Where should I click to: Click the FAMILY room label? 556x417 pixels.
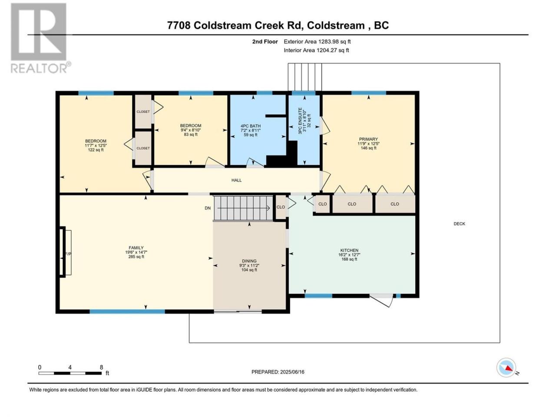click(136, 248)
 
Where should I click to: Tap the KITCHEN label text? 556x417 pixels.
click(349, 250)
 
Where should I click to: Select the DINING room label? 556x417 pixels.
click(249, 261)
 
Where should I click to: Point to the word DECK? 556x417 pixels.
click(459, 224)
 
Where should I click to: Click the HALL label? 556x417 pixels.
click(236, 180)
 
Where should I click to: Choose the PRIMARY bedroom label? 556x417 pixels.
click(368, 139)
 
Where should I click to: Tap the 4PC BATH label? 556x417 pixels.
click(251, 126)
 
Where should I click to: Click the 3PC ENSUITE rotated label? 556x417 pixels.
click(301, 121)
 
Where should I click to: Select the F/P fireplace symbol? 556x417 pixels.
click(66, 253)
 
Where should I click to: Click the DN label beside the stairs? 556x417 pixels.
click(208, 208)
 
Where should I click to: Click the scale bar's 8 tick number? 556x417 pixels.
click(101, 367)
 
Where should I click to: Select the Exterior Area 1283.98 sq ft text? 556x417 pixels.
click(317, 42)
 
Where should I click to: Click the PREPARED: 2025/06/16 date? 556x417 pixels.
click(278, 372)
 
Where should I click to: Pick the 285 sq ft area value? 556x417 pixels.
click(136, 256)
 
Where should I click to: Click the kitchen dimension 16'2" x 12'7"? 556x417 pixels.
click(349, 255)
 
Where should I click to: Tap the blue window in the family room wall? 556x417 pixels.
click(127, 311)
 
